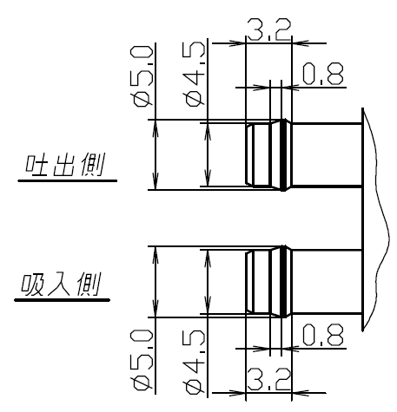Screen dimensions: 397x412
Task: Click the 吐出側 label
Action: pyautogui.click(x=64, y=165)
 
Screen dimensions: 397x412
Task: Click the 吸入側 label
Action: pyautogui.click(x=61, y=284)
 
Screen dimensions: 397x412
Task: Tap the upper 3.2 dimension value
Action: pyautogui.click(x=268, y=29)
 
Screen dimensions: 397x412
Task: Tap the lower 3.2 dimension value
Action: pyautogui.click(x=268, y=379)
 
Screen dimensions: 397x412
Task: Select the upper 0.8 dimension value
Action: pyautogui.click(x=323, y=74)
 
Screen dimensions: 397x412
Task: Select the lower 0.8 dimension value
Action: pyautogui.click(x=323, y=335)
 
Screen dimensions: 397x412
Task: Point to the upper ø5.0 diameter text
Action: pyautogui.click(x=142, y=76)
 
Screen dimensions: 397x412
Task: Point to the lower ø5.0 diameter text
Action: pyautogui.click(x=142, y=360)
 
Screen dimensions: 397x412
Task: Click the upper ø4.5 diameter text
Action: pyautogui.click(x=194, y=75)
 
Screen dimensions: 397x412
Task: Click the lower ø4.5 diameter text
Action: pyautogui.click(x=194, y=363)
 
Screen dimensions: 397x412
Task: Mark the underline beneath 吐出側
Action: pyautogui.click(x=68, y=180)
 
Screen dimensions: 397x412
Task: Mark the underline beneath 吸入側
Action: pyautogui.click(x=63, y=300)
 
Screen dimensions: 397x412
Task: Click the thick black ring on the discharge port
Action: pyautogui.click(x=283, y=154)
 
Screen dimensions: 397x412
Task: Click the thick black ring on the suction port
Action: pyautogui.click(x=283, y=281)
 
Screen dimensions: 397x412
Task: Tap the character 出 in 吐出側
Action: pyautogui.click(x=64, y=165)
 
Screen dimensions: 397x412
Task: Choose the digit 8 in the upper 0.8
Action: pyautogui.click(x=334, y=74)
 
